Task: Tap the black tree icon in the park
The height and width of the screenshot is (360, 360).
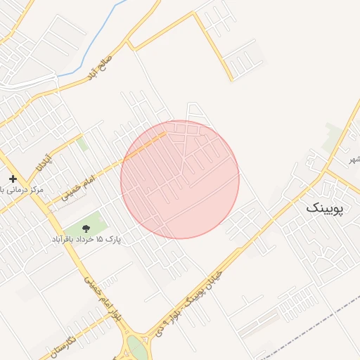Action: click(x=86, y=228)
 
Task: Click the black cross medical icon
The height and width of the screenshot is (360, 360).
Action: click(x=13, y=179)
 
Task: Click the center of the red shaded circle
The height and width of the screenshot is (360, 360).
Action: click(x=180, y=179)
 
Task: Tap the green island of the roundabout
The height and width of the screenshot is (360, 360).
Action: click(x=138, y=349)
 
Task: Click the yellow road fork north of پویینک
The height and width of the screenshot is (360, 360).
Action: click(x=326, y=170)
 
